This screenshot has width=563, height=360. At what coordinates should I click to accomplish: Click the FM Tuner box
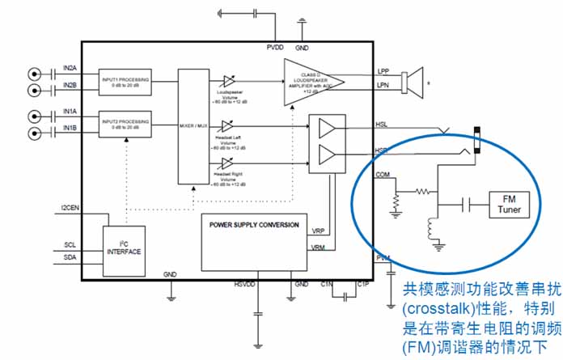tap(510, 205)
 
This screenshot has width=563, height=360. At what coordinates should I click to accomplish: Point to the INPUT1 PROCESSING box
tap(126, 82)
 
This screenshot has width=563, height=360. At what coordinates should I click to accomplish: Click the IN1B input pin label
tap(70, 128)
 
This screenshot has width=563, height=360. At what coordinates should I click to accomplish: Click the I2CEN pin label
tap(70, 209)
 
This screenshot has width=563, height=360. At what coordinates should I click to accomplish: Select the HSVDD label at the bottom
tap(243, 285)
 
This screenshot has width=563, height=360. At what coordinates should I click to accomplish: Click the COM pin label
tap(383, 172)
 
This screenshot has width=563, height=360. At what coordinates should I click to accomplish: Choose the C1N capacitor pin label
tap(327, 284)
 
